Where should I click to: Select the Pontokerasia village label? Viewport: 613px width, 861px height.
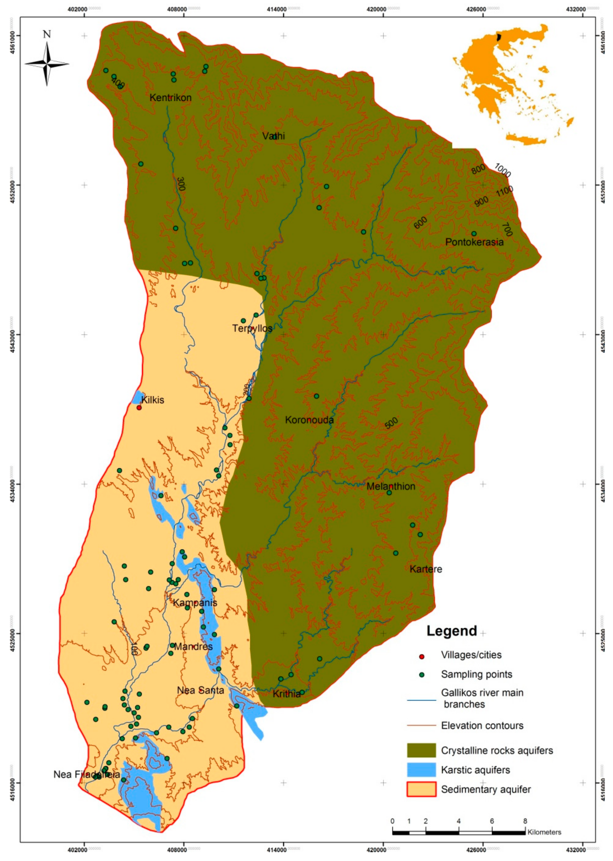pos(474,242)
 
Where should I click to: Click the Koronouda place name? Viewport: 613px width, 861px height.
pos(309,420)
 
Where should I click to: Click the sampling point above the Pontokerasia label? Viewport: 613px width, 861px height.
pos(474,233)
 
